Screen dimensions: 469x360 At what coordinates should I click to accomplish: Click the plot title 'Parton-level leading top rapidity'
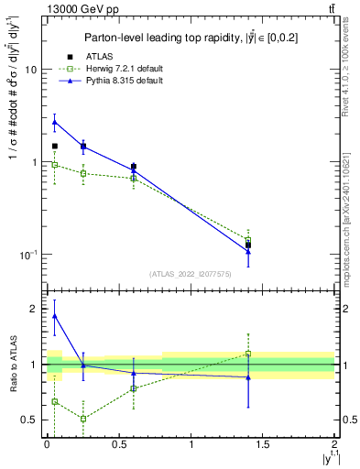[x=190, y=38]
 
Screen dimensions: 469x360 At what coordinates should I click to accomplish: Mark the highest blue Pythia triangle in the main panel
[x=55, y=121]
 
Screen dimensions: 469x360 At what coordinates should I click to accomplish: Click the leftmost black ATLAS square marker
[x=55, y=146]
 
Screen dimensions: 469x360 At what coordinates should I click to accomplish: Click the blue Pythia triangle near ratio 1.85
[x=55, y=316]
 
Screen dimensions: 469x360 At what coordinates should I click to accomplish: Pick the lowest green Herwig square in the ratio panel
[x=83, y=419]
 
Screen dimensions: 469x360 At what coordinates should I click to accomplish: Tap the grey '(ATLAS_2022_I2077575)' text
[x=190, y=273]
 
